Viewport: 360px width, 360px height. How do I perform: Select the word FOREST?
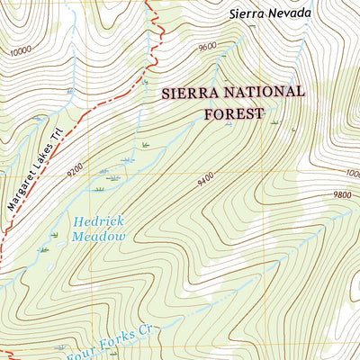pyautogui.click(x=233, y=113)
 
